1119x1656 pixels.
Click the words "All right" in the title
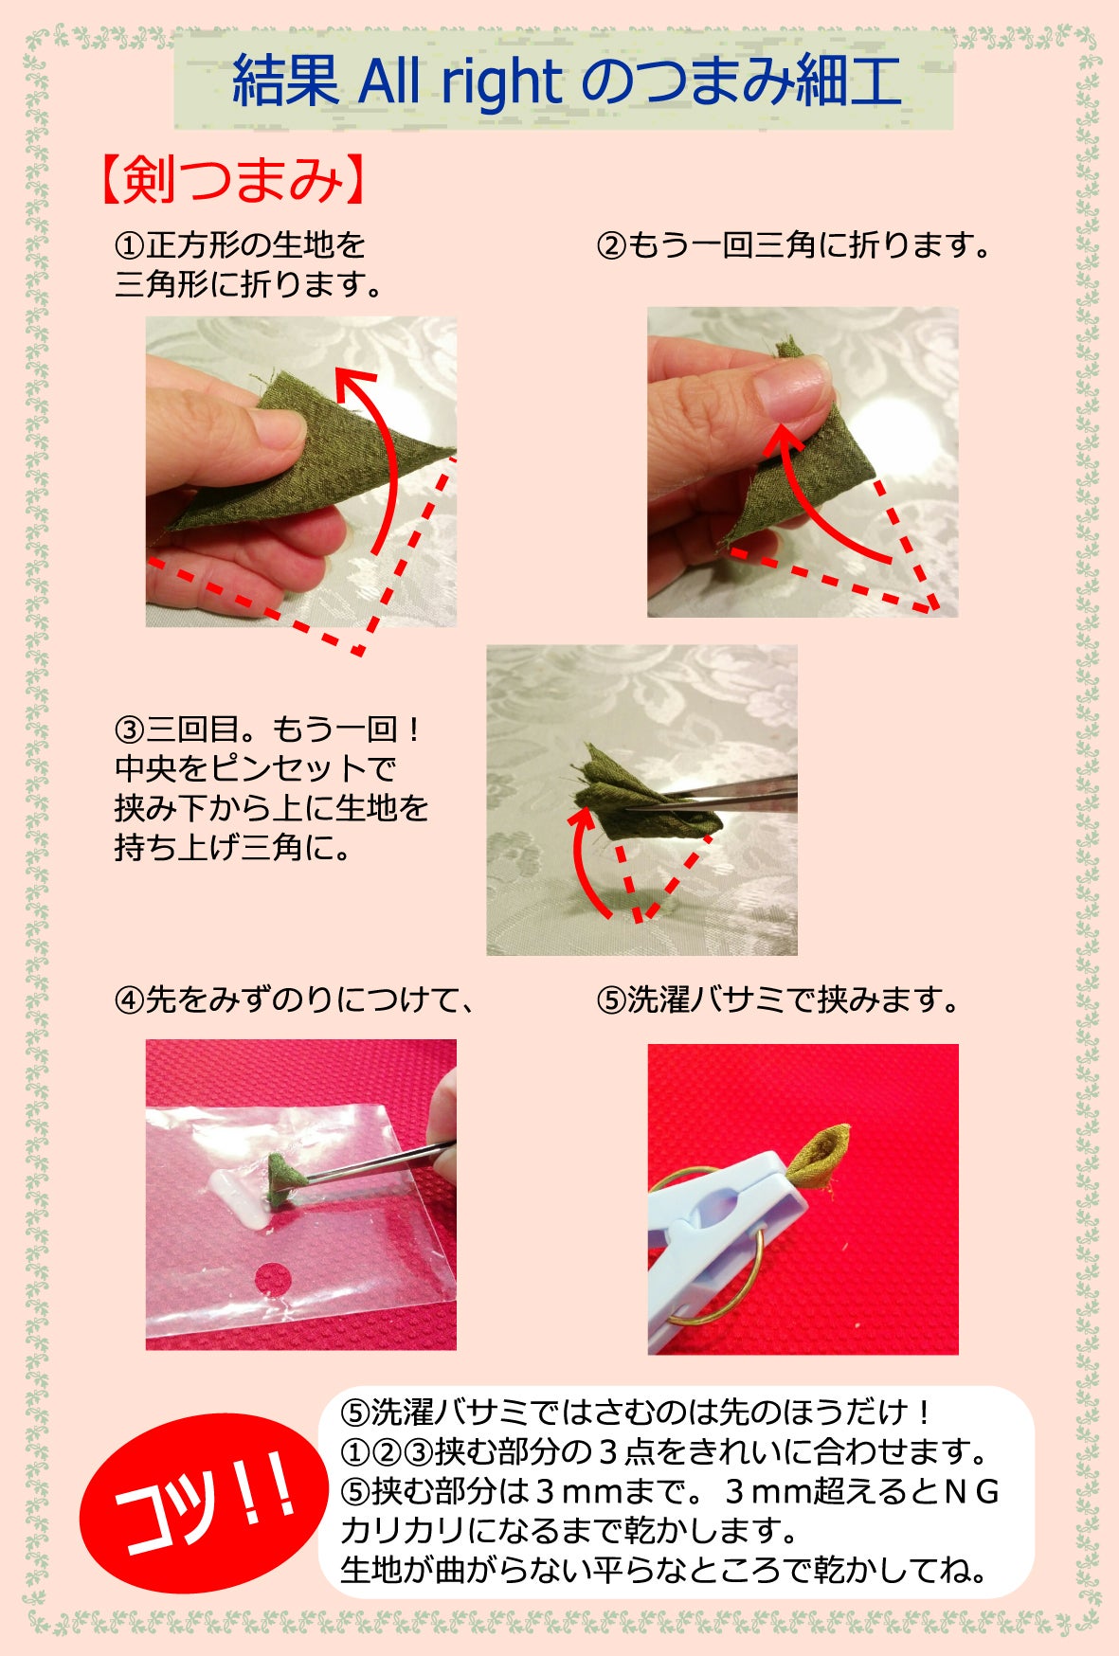coord(460,82)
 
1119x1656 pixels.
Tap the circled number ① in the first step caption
coord(128,246)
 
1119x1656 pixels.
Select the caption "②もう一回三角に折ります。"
coord(794,246)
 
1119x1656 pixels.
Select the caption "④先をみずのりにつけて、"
coord(294,1000)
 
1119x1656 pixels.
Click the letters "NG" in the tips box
coord(971,1491)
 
